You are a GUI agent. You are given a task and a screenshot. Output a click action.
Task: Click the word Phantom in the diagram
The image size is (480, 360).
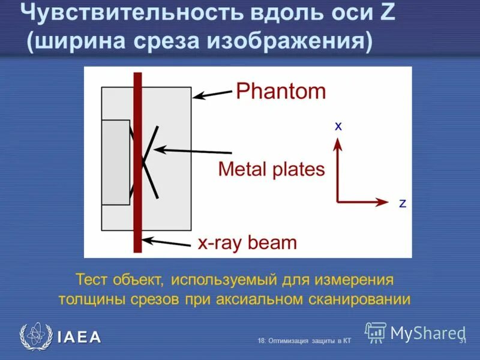280,92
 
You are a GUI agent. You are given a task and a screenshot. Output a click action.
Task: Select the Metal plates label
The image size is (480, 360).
271,169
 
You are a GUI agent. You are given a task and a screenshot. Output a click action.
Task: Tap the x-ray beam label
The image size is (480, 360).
247,243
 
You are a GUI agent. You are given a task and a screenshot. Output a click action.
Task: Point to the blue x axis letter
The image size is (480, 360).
338,127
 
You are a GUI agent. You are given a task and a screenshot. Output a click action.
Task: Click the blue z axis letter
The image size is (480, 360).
403,203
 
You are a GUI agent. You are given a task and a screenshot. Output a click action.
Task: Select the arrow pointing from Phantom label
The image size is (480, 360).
213,94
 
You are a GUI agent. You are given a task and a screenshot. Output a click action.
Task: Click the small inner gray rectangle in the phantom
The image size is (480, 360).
115,162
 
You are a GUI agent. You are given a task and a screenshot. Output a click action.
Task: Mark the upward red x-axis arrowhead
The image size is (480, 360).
338,143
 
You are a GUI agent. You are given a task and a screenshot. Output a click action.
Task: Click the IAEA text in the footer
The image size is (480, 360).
79,337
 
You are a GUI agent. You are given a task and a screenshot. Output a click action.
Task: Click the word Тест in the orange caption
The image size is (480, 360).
91,280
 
